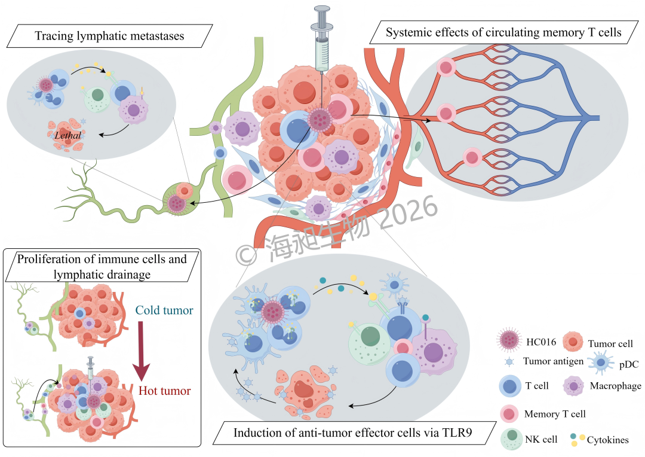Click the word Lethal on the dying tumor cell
67,135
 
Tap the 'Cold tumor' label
164,310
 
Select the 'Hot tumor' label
165,391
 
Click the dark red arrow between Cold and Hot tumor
141,351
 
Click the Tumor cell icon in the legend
573,342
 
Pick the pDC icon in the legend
601,362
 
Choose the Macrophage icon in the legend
573,386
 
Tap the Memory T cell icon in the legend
509,413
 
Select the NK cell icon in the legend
512,438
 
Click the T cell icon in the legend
510,386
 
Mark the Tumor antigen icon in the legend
509,362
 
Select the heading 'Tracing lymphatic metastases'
109,36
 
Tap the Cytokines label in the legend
607,440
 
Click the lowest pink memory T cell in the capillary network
472,157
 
